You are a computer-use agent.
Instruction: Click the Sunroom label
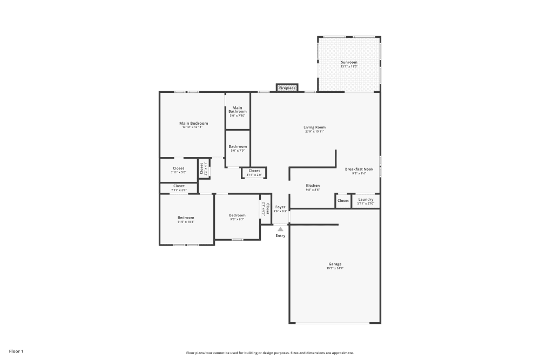[349, 62]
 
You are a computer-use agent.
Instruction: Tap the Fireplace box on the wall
[287, 87]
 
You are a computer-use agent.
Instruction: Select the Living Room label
[315, 127]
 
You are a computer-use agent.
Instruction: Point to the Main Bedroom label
[193, 123]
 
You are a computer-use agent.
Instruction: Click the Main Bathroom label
[238, 109]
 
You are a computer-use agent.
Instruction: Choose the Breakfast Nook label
[359, 169]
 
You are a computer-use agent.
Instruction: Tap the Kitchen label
[313, 185]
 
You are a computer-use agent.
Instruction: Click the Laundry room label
[366, 199]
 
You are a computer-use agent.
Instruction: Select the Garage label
[335, 264]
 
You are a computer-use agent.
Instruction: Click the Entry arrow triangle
[280, 229]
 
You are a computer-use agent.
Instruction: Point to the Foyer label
[280, 207]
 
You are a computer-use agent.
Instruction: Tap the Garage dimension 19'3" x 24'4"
[335, 268]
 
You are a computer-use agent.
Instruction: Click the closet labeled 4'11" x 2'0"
[254, 173]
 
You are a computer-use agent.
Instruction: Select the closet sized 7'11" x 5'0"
[178, 170]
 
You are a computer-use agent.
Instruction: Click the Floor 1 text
[16, 351]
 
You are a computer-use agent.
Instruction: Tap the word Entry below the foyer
[280, 236]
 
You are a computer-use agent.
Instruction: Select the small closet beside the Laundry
[343, 201]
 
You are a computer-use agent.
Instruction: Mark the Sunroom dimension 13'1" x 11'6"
[349, 66]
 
